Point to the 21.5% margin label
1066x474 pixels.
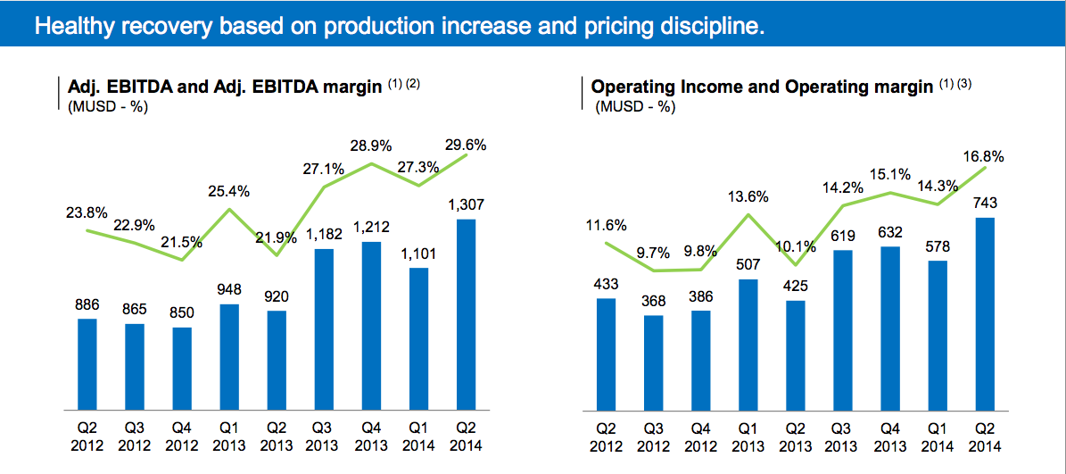click(181, 241)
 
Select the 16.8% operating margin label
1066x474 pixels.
click(982, 156)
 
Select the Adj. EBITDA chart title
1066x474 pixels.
click(226, 87)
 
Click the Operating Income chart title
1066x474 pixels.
click(763, 87)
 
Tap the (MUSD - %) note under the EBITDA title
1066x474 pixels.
click(108, 106)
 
